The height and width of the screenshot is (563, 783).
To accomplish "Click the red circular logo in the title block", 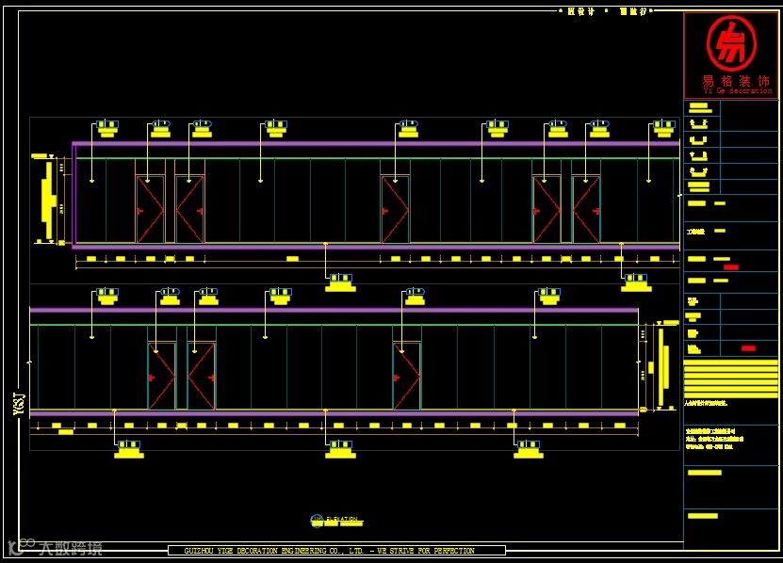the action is [730, 43].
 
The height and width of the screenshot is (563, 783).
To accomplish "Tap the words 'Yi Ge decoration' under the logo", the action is [738, 91].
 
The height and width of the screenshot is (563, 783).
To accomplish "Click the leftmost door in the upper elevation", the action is [150, 209].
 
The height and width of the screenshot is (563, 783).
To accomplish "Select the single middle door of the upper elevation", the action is [395, 209].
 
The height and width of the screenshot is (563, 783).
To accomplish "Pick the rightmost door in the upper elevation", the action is [586, 209].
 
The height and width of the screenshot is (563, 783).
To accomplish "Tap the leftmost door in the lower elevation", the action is [161, 375].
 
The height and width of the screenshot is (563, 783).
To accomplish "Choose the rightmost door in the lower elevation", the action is [406, 375].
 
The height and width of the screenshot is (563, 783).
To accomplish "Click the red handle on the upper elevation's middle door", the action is [385, 211].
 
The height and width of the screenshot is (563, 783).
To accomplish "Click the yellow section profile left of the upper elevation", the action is [47, 200].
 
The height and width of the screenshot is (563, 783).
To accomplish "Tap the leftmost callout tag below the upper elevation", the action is [340, 281].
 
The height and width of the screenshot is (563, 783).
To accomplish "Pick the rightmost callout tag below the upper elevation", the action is [636, 281].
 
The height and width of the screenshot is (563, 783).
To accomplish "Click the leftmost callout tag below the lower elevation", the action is [129, 448].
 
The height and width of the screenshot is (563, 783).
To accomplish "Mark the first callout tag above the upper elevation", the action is [106, 127].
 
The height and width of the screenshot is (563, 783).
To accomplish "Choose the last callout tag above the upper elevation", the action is [663, 127].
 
